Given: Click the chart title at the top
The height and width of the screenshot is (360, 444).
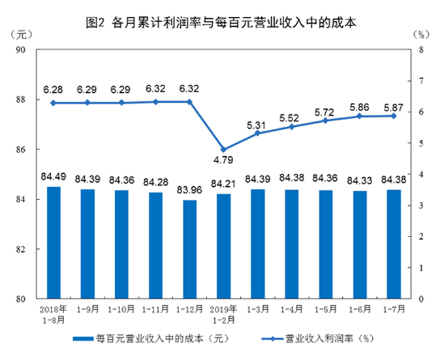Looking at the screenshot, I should tap(221, 23).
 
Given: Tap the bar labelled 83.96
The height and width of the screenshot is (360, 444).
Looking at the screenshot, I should tap(189, 249).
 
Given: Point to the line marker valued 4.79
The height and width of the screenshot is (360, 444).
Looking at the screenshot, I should tap(223, 150).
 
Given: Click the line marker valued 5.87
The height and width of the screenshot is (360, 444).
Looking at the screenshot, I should tap(393, 116).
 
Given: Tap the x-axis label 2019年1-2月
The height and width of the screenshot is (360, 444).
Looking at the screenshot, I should tap(223, 313).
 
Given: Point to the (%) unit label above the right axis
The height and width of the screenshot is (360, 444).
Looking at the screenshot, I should tap(421, 33).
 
